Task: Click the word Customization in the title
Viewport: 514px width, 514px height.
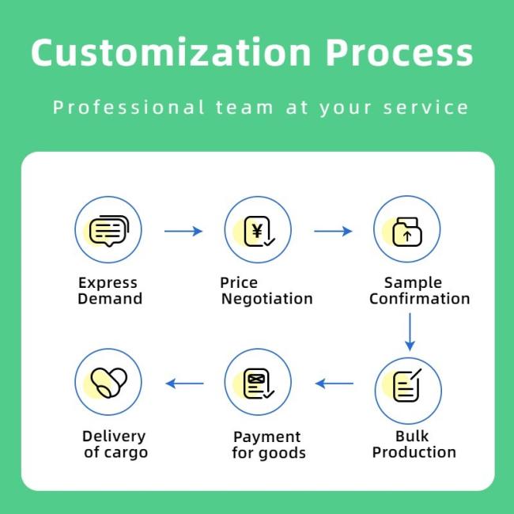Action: tap(171, 51)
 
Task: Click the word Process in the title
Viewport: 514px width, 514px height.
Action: tap(399, 52)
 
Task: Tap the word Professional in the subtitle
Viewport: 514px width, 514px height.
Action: tap(129, 108)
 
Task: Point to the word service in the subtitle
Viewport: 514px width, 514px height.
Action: tap(425, 108)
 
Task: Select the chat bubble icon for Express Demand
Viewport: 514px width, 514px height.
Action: tap(109, 231)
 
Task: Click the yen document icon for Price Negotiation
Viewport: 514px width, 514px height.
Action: tap(259, 232)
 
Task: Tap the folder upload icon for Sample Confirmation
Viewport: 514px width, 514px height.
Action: tap(407, 232)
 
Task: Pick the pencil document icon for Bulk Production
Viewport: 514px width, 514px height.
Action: tap(406, 385)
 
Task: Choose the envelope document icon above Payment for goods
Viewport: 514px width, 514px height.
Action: tap(259, 384)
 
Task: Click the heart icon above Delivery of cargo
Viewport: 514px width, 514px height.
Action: tap(109, 383)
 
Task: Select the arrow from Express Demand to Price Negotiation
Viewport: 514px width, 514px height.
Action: tap(183, 231)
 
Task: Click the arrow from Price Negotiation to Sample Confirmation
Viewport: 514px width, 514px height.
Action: tap(333, 231)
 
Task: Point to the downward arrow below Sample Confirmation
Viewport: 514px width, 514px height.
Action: tap(410, 332)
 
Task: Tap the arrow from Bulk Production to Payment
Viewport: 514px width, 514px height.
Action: tap(334, 384)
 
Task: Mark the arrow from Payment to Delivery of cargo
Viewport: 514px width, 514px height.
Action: tap(184, 384)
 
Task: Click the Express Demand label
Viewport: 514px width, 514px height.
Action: tap(110, 291)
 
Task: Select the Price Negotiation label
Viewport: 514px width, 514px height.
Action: tap(266, 291)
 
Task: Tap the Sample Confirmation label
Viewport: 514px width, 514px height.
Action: tap(420, 291)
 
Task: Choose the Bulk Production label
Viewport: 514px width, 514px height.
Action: tap(414, 444)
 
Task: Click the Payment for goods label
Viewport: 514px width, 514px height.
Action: tap(269, 445)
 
